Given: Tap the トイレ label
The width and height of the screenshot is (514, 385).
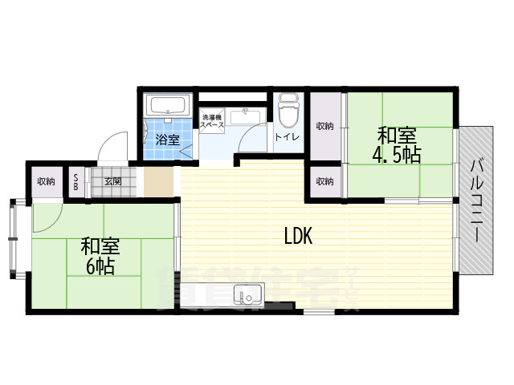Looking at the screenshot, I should (x=287, y=137).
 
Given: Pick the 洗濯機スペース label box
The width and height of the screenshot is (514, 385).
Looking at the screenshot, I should (x=211, y=123).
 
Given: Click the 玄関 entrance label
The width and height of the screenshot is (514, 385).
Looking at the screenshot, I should (x=112, y=181).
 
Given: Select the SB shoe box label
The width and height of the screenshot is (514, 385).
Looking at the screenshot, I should (x=76, y=181).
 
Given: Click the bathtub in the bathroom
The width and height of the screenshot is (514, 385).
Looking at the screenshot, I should (x=168, y=105).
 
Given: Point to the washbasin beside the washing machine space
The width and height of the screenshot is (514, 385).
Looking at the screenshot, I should (x=241, y=117).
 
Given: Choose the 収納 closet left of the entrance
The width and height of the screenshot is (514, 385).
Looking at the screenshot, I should (x=45, y=181).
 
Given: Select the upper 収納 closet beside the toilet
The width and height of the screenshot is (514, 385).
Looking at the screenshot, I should (x=324, y=126).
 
